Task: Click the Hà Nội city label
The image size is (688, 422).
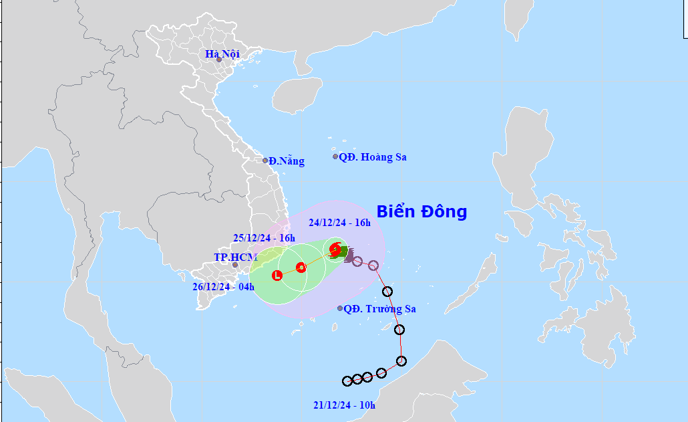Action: (x=222, y=54)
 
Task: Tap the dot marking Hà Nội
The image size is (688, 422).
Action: (x=218, y=60)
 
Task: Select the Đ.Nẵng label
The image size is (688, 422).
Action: (x=287, y=161)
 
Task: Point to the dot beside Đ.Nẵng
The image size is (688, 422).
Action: (x=265, y=161)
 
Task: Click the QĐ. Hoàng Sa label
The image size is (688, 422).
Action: (x=373, y=157)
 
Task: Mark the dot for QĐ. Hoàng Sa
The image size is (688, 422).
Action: (x=336, y=156)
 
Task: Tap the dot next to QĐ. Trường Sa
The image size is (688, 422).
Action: (x=340, y=308)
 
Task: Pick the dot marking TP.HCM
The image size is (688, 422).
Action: (x=235, y=265)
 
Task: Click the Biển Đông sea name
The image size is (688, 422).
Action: (x=421, y=212)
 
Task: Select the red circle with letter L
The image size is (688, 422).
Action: (x=277, y=275)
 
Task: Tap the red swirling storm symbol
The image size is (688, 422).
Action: (x=335, y=249)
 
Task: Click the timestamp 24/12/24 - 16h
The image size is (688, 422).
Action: (x=339, y=222)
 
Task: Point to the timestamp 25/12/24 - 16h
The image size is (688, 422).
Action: (x=264, y=237)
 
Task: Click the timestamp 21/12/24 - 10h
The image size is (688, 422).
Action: (x=344, y=405)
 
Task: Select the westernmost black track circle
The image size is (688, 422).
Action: (x=347, y=381)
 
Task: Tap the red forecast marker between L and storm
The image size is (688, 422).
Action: (x=301, y=268)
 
